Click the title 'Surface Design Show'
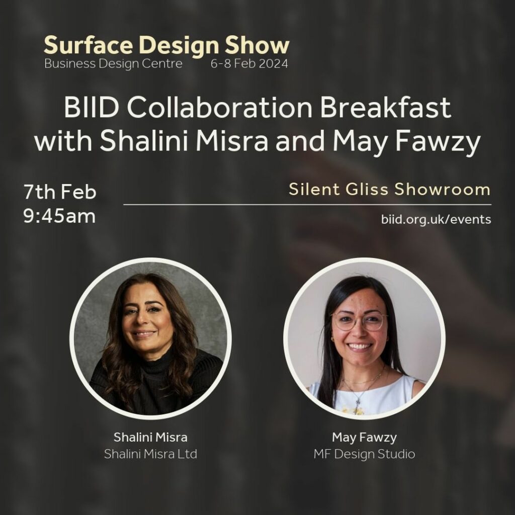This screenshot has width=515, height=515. (x=166, y=45)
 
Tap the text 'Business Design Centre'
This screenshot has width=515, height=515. (x=113, y=63)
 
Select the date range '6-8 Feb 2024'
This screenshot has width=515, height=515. (x=249, y=63)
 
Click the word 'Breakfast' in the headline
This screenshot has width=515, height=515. (x=386, y=108)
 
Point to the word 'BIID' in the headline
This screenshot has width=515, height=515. (x=91, y=108)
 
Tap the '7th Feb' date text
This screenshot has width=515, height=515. (x=60, y=192)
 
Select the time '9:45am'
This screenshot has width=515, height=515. (x=59, y=216)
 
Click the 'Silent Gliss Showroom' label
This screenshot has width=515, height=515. (x=390, y=189)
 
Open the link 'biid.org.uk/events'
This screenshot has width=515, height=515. (x=436, y=219)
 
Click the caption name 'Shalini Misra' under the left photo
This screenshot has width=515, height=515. (x=150, y=437)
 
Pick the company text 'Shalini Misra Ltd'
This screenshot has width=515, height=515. (x=150, y=454)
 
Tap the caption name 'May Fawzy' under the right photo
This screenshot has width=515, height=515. (x=364, y=438)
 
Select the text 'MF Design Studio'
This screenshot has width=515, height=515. (x=364, y=454)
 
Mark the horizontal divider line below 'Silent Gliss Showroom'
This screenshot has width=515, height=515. (x=307, y=205)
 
